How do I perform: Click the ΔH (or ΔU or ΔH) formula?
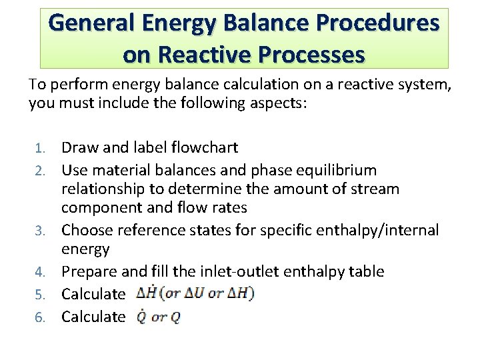point(195,293)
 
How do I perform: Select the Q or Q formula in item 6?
point(158,317)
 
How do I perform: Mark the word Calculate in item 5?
point(93,293)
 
